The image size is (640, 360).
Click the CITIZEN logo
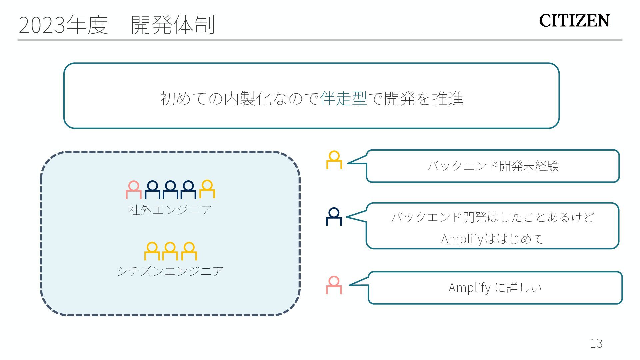(574, 21)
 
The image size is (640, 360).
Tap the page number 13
(596, 343)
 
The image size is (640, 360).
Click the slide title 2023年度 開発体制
(117, 25)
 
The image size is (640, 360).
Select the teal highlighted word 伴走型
(344, 98)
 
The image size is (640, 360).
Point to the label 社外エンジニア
(170, 210)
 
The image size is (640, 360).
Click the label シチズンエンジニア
(170, 271)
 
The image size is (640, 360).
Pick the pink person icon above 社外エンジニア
(134, 190)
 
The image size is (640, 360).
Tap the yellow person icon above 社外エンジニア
(207, 189)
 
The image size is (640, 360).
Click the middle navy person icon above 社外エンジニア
(170, 190)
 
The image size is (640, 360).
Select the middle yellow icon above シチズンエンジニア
(170, 251)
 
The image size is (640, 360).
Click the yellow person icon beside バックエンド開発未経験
(334, 160)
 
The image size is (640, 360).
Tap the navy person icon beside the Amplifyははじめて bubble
(334, 217)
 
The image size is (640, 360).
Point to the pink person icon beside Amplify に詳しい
(334, 285)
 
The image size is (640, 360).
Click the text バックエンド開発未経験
(493, 166)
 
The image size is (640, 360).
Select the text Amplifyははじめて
(492, 239)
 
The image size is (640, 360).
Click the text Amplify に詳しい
(495, 287)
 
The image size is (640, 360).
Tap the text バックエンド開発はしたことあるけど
(492, 217)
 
